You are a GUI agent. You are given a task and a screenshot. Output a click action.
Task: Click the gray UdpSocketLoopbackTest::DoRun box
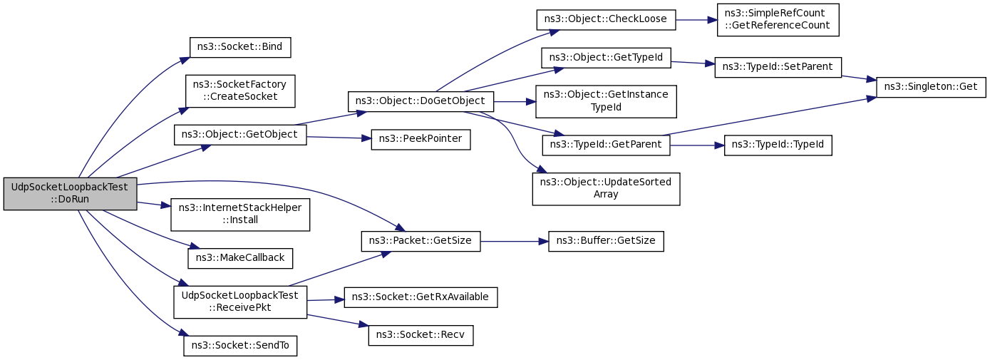(71, 194)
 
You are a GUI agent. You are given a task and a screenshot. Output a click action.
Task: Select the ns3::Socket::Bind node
(240, 47)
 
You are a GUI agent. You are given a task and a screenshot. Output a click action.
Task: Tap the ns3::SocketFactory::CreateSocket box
(240, 91)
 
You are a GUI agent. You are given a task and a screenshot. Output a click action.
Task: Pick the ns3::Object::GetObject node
(240, 135)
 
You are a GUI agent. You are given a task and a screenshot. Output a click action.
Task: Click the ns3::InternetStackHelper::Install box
(240, 215)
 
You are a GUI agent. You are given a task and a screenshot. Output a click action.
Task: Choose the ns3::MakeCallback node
(240, 258)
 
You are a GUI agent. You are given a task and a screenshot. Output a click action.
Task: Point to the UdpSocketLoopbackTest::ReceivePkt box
(240, 302)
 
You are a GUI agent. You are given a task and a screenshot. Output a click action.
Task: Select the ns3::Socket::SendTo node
(240, 346)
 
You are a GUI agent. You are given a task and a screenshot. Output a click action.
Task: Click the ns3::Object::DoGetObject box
(421, 102)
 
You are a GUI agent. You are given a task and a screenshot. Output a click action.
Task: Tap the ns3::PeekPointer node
(421, 140)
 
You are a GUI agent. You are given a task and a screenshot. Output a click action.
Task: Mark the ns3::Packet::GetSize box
(421, 242)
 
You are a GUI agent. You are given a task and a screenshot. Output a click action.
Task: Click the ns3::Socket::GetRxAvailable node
(421, 298)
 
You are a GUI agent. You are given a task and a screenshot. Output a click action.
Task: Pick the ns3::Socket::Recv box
(421, 336)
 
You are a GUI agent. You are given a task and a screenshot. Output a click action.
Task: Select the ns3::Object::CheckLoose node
(606, 20)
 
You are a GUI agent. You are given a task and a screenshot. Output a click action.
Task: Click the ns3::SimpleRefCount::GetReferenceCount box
(778, 20)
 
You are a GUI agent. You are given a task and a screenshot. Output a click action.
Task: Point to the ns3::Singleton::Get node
(931, 87)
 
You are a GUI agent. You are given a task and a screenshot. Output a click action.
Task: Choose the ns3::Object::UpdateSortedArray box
(606, 189)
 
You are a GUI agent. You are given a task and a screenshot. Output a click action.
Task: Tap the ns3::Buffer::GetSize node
(606, 242)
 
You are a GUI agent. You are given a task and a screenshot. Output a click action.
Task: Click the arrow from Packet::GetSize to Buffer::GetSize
(515, 242)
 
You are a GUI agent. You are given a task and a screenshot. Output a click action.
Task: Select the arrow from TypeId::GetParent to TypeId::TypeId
(697, 145)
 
